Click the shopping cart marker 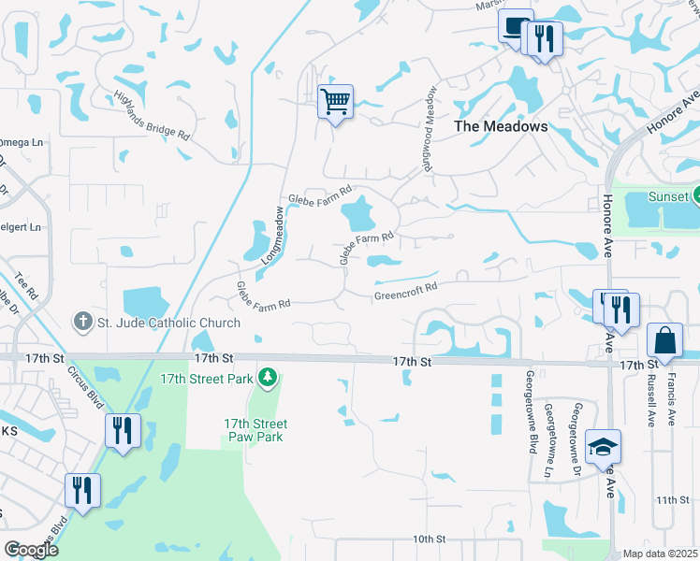click(x=335, y=99)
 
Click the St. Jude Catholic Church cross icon click(x=82, y=323)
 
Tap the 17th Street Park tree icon click(x=269, y=377)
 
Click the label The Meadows click(x=501, y=126)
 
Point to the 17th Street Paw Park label click(x=255, y=430)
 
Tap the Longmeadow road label click(x=272, y=235)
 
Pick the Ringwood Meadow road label click(x=426, y=127)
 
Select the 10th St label click(x=430, y=539)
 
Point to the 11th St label click(x=671, y=500)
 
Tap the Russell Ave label click(x=651, y=401)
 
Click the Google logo click(x=30, y=550)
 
